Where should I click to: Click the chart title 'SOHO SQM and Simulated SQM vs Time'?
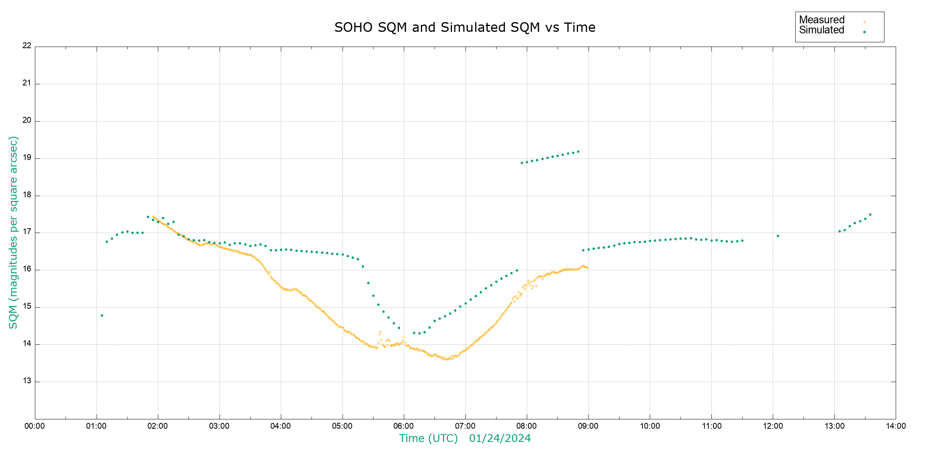(465, 28)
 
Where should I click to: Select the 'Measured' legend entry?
(822, 20)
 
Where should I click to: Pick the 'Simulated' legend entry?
(822, 30)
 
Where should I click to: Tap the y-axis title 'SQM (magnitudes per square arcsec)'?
(13, 232)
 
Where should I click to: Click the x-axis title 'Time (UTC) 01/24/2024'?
(465, 438)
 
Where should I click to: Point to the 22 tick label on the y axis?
(27, 45)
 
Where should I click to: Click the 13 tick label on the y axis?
(27, 381)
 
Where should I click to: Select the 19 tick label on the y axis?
(27, 158)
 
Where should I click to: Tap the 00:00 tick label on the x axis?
(35, 426)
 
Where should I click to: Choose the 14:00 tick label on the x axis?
(896, 426)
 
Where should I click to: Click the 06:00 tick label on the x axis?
(403, 426)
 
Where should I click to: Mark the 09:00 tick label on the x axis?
(588, 426)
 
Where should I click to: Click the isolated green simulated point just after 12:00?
(778, 236)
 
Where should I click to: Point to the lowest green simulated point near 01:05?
(102, 315)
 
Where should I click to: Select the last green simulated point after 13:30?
(870, 214)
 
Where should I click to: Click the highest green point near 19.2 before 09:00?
(578, 151)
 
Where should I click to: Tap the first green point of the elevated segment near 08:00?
(522, 163)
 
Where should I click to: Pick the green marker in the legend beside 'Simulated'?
(864, 32)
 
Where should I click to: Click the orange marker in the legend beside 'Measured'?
(864, 22)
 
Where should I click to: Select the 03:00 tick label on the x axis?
(219, 426)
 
